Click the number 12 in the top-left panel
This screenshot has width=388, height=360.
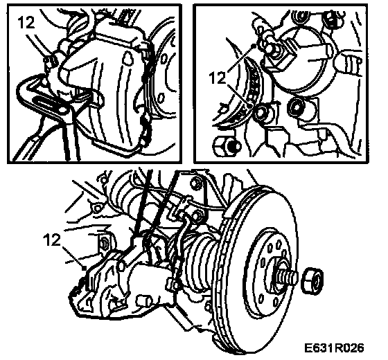tap(26, 23)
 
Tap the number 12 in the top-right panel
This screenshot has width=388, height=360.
tap(218, 78)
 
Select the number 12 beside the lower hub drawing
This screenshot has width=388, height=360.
tap(51, 240)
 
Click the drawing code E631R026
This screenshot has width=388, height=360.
tap(334, 348)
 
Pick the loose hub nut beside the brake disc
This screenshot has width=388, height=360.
tap(312, 281)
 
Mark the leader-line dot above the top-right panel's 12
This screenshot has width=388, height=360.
tap(253, 46)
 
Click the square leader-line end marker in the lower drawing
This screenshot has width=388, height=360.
tap(84, 267)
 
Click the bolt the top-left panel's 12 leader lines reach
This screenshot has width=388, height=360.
tap(50, 62)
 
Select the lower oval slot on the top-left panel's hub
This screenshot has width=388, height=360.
tap(161, 98)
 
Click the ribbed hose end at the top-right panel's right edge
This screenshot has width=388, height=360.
tap(351, 63)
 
